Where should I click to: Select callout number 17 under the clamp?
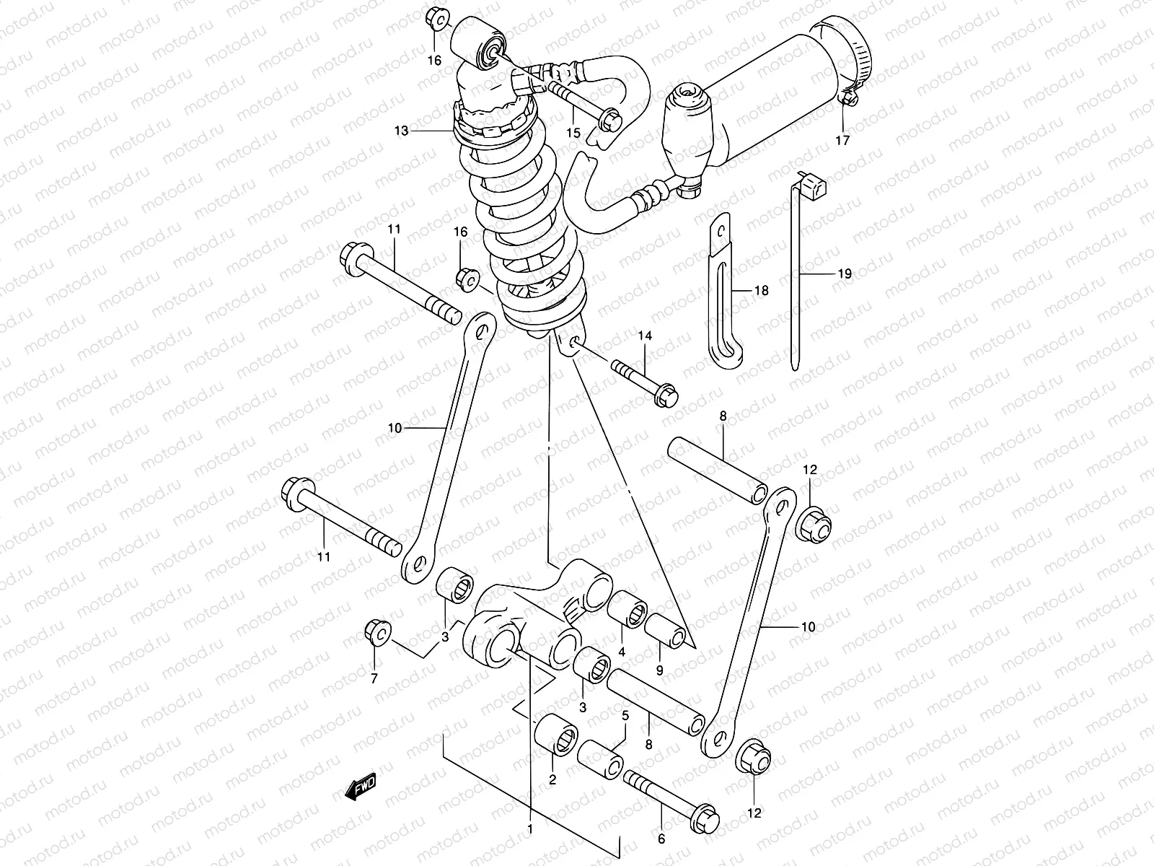tap(842, 140)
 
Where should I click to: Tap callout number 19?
tap(845, 274)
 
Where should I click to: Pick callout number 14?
tap(644, 336)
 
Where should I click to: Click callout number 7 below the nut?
tap(374, 678)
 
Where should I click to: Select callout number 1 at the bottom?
tap(530, 828)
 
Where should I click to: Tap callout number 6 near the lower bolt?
tap(661, 839)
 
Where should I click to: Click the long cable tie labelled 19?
tap(796, 274)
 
